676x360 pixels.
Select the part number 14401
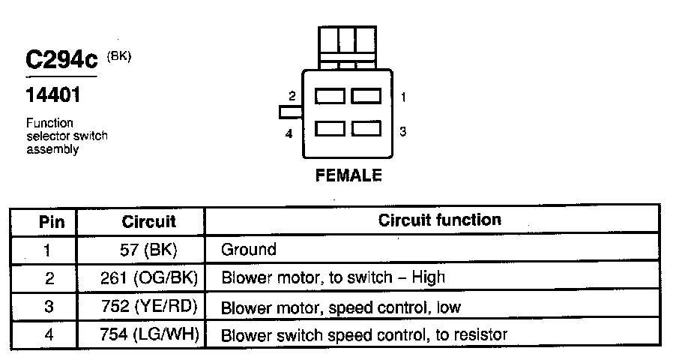click(52, 96)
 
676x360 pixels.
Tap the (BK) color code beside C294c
click(119, 55)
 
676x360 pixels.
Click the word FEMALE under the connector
click(348, 176)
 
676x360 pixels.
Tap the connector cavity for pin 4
click(330, 129)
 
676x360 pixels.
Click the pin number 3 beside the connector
click(402, 131)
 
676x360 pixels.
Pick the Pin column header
click(51, 222)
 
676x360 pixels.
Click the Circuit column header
click(148, 222)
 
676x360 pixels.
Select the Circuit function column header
click(440, 220)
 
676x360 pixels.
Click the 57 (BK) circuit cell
click(148, 249)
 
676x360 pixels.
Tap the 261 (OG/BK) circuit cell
click(148, 277)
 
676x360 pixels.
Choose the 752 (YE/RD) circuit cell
click(148, 306)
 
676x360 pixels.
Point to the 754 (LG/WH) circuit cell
click(148, 334)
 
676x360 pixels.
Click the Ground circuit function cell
click(249, 249)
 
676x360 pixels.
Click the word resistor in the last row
click(480, 334)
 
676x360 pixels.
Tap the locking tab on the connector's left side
click(289, 112)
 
